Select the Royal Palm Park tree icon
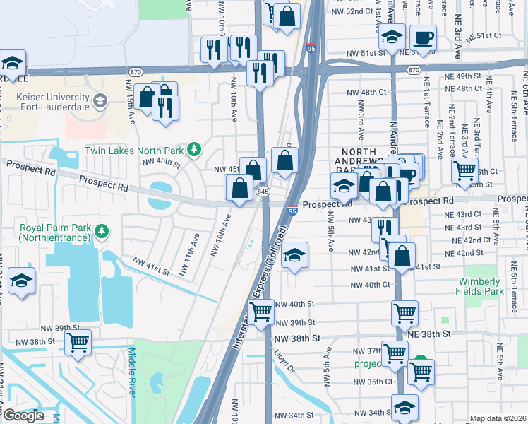(102, 230)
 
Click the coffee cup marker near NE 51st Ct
(423, 39)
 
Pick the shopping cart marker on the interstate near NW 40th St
(261, 312)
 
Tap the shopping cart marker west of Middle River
(78, 343)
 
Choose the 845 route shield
(263, 192)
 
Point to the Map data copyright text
(498, 418)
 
